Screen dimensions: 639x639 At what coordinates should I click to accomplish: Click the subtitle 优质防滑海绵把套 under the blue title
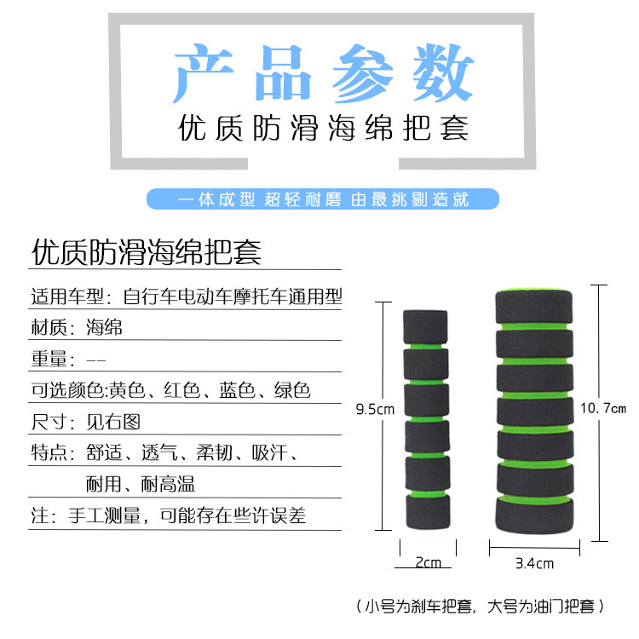coord(323,129)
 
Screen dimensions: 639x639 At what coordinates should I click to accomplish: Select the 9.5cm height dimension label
coord(375,409)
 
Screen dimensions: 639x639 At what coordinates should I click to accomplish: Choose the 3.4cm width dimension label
coord(534,562)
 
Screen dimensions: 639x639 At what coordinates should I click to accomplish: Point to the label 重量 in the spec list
coord(49,359)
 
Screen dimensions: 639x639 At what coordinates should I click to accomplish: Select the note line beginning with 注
coord(168,515)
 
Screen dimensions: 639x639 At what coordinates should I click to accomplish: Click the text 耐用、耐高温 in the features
coord(141,484)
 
